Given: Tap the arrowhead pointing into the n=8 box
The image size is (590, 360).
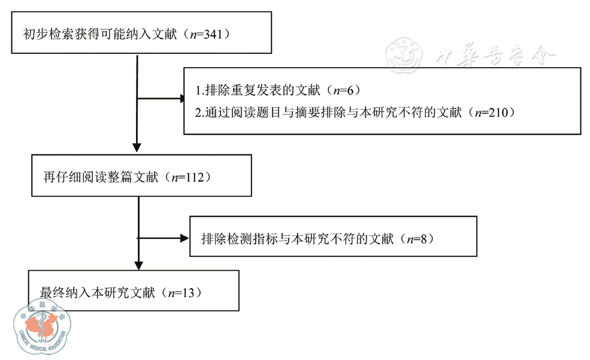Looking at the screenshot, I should point(184,238).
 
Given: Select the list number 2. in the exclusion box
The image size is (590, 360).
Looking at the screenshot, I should point(199,112).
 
